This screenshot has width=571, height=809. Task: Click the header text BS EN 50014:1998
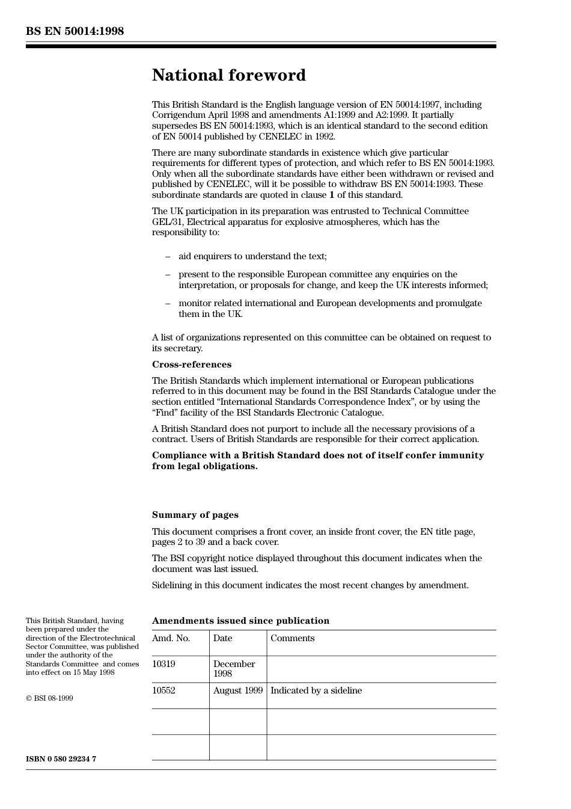[x=75, y=31]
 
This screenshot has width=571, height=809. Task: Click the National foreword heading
[x=228, y=75]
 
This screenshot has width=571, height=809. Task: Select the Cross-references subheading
[x=191, y=365]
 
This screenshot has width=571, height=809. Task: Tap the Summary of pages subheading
[x=195, y=515]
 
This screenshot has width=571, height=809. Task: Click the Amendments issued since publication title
[x=240, y=621]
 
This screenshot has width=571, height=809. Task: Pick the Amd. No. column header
[x=171, y=638]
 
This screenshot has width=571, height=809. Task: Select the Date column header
[x=222, y=638]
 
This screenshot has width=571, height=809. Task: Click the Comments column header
[x=292, y=638]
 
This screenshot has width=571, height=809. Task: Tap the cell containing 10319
[x=163, y=664]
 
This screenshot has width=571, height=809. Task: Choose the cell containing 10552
[x=163, y=691]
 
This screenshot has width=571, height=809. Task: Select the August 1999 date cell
[x=237, y=691]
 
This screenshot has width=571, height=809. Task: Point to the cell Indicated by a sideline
[x=316, y=691]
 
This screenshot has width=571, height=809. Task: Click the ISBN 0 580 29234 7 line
[x=61, y=758]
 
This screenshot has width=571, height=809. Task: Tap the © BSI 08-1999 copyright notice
[x=49, y=698]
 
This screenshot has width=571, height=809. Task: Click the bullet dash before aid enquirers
[x=168, y=256]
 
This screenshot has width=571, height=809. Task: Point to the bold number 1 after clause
[x=332, y=195]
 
